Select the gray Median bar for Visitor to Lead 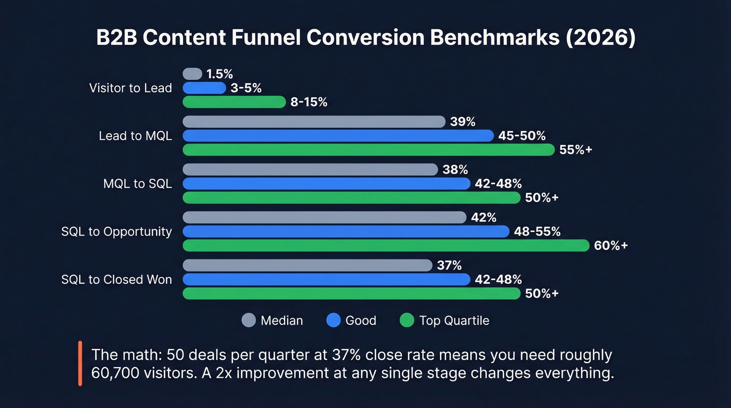click(x=192, y=74)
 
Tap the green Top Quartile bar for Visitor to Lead click(x=234, y=102)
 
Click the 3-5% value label click(x=246, y=88)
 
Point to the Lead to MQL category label click(x=135, y=136)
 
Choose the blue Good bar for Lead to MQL click(x=338, y=136)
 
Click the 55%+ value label click(x=575, y=150)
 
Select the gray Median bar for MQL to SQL click(x=310, y=169)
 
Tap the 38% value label click(x=455, y=169)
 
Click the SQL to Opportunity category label click(x=116, y=231)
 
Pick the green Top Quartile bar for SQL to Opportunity click(x=386, y=246)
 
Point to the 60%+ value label click(x=611, y=246)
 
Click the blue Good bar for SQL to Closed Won click(x=326, y=279)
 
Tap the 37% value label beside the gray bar click(x=450, y=265)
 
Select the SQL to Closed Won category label click(x=116, y=279)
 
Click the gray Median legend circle click(x=249, y=320)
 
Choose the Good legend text click(x=361, y=320)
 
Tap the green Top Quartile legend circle click(x=406, y=320)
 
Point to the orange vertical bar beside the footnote click(x=80, y=364)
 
